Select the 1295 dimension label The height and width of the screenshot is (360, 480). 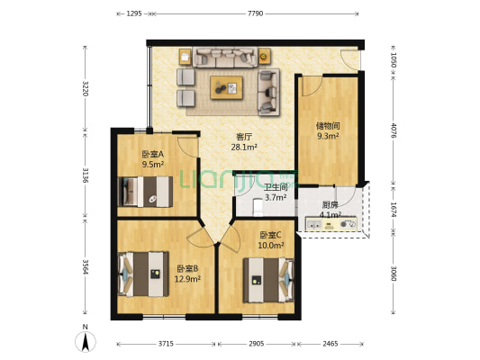[x=134, y=13]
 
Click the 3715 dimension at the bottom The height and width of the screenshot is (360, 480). [x=165, y=344]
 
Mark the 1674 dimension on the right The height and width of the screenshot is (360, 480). [x=394, y=211]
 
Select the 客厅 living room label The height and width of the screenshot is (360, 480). [x=244, y=136]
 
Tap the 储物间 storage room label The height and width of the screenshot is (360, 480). [x=327, y=126]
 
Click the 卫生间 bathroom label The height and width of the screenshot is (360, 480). [x=275, y=187]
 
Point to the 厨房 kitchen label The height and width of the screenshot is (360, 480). [x=330, y=204]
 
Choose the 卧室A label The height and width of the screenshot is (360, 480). [x=152, y=154]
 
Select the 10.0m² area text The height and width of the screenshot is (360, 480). [x=270, y=245]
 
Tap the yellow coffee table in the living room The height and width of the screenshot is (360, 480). [x=227, y=87]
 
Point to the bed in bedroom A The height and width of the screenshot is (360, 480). [x=146, y=191]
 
